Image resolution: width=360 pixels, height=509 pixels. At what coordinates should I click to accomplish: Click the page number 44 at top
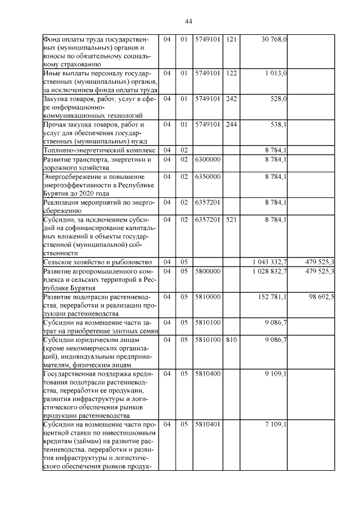pyautogui.click(x=188, y=21)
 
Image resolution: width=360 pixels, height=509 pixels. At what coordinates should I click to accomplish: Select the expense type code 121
pyautogui.click(x=231, y=40)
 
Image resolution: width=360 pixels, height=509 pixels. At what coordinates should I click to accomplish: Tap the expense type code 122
pyautogui.click(x=231, y=73)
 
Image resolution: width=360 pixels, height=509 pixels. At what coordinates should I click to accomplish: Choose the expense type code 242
pyautogui.click(x=231, y=98)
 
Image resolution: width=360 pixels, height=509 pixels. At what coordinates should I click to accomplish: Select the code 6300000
pyautogui.click(x=208, y=160)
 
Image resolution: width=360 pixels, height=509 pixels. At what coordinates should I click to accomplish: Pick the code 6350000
pyautogui.click(x=208, y=177)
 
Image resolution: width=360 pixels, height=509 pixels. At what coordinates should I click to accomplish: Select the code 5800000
pyautogui.click(x=208, y=271)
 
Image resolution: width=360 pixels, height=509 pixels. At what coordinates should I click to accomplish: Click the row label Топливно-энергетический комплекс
pyautogui.click(x=99, y=150)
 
